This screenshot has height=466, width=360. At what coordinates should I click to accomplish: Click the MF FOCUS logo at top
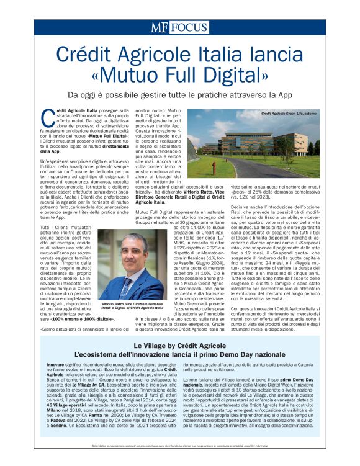point(179,28)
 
